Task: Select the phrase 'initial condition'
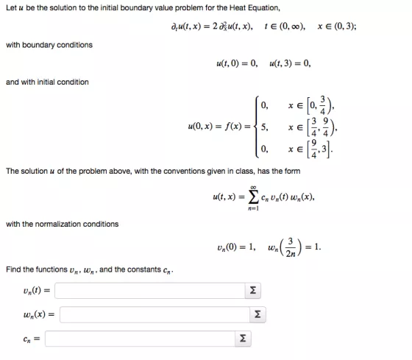tap(62, 82)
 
